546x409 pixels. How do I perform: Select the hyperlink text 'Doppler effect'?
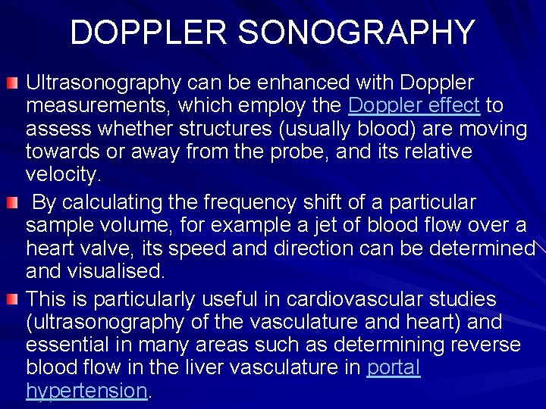(x=413, y=105)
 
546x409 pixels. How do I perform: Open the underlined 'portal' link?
(x=393, y=367)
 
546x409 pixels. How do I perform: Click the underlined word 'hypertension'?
(x=86, y=391)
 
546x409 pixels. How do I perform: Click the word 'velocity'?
(x=61, y=176)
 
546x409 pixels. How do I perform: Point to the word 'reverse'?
(x=482, y=345)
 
